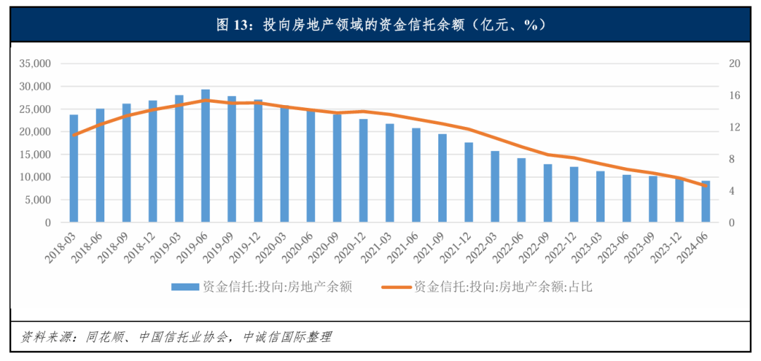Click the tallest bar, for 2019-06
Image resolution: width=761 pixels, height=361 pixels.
tap(205, 157)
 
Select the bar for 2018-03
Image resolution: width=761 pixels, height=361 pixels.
tap(74, 169)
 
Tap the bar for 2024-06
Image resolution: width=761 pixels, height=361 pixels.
tap(705, 202)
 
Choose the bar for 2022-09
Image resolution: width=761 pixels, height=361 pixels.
tap(547, 194)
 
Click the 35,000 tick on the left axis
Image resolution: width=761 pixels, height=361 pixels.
tap(36, 63)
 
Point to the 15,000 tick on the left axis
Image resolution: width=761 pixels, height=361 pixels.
tap(36, 154)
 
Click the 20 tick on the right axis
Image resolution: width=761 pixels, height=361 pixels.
tap(734, 63)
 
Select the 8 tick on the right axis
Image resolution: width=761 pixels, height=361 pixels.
tap(731, 159)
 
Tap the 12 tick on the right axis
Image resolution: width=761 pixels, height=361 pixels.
tap(734, 128)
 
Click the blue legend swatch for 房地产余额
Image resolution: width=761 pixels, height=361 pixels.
tap(185, 287)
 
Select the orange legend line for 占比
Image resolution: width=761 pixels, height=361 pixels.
tap(396, 287)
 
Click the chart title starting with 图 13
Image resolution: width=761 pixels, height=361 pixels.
tap(380, 25)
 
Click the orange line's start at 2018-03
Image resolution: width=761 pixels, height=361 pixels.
tap(74, 134)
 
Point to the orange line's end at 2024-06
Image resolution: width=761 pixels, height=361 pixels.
tap(705, 185)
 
